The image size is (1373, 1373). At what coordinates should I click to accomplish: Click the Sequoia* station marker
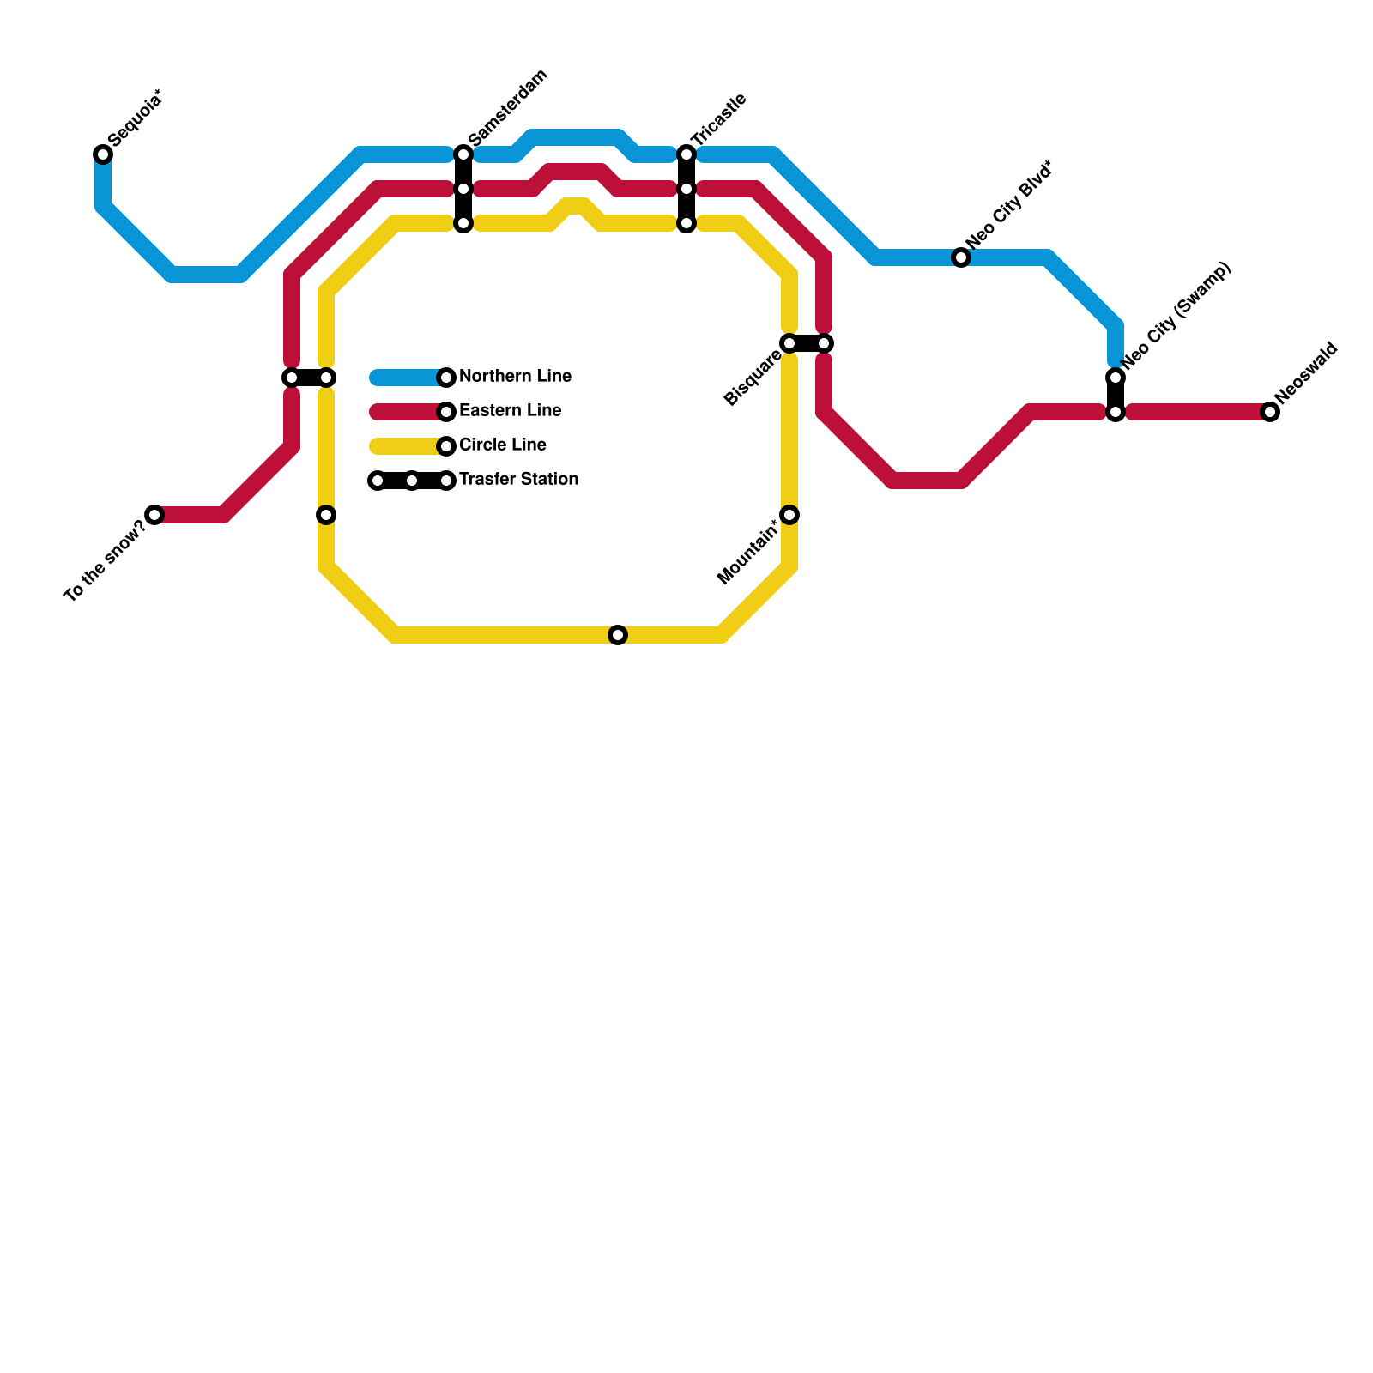click(x=103, y=154)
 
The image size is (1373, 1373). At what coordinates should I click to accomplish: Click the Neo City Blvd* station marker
click(x=961, y=257)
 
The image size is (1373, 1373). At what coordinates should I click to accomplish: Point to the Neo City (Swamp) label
click(x=1176, y=316)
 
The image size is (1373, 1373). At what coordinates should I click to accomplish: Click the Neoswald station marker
click(x=1270, y=412)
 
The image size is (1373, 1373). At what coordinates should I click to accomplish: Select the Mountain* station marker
click(x=789, y=515)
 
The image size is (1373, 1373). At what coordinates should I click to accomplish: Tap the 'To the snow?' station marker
click(x=154, y=515)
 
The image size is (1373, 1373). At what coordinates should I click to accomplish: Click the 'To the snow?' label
click(x=105, y=560)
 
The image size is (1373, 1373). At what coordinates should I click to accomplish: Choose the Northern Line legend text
click(x=515, y=377)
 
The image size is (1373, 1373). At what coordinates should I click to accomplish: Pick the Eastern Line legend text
click(x=510, y=411)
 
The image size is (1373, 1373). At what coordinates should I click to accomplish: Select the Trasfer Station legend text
click(x=518, y=480)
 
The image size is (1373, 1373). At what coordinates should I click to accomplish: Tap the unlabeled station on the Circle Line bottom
click(x=618, y=635)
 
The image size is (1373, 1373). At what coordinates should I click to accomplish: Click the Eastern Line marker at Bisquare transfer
click(x=824, y=343)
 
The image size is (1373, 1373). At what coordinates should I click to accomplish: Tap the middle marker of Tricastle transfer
click(x=686, y=189)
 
